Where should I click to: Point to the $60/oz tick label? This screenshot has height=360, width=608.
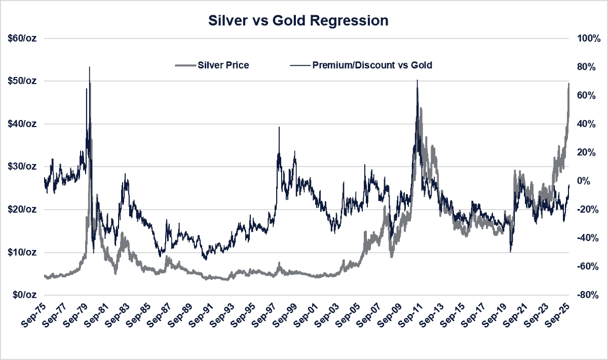22,38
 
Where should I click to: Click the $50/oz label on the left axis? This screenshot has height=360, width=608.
22,81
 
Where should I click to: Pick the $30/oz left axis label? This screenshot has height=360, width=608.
22,167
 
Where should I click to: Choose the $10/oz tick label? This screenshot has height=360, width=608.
22,252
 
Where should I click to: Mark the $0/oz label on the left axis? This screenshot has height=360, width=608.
24,295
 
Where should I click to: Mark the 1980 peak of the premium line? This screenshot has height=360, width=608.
90,67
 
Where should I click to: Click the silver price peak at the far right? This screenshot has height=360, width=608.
568,84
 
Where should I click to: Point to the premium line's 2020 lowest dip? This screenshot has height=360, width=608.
511,252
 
